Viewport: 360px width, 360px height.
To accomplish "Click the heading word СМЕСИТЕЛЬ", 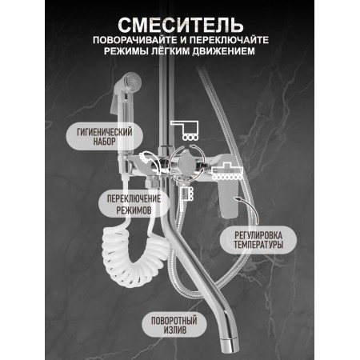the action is point(181,26).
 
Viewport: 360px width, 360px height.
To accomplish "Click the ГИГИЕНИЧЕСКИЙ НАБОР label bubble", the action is point(105,136).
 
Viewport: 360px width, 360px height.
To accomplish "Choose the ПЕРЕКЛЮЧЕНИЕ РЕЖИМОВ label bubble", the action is point(134,204).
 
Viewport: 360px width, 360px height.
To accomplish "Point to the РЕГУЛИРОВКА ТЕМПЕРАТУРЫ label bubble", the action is point(258,240).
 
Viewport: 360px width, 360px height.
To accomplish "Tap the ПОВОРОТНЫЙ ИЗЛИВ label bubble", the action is point(174,325).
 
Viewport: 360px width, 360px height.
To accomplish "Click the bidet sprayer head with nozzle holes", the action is point(132,80).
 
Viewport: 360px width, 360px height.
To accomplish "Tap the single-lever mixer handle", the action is point(228,198).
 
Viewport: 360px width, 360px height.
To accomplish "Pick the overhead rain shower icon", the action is point(185,130).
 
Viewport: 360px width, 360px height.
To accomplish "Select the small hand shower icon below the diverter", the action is point(186,193).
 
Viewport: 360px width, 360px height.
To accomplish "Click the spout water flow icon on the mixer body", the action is point(227,172).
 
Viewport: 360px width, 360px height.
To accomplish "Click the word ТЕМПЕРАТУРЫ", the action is point(258,245).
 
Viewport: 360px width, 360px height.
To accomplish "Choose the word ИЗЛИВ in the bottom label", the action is point(175,330).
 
